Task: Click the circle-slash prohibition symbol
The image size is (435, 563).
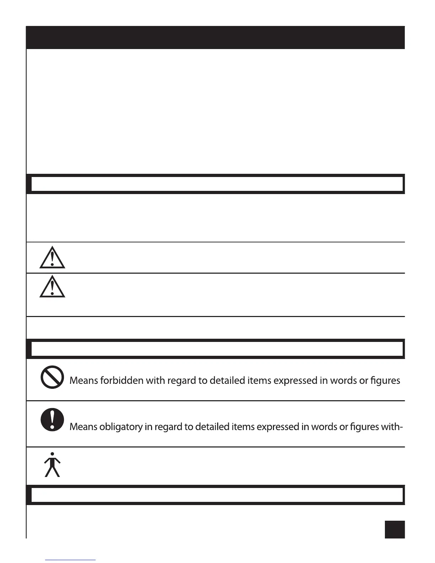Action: (x=52, y=377)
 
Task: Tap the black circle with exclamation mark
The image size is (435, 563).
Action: (x=52, y=419)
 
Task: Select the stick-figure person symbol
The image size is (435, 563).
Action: (x=52, y=465)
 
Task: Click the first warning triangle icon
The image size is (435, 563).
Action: (x=52, y=257)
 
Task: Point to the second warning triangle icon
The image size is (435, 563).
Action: (x=52, y=286)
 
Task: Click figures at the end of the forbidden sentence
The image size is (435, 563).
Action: (x=385, y=381)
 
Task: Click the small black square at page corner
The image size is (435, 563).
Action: (x=394, y=530)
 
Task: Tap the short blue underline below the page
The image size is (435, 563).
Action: (x=70, y=560)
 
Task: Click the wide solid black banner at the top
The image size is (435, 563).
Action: (x=215, y=37)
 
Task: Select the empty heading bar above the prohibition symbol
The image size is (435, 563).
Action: (x=215, y=349)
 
